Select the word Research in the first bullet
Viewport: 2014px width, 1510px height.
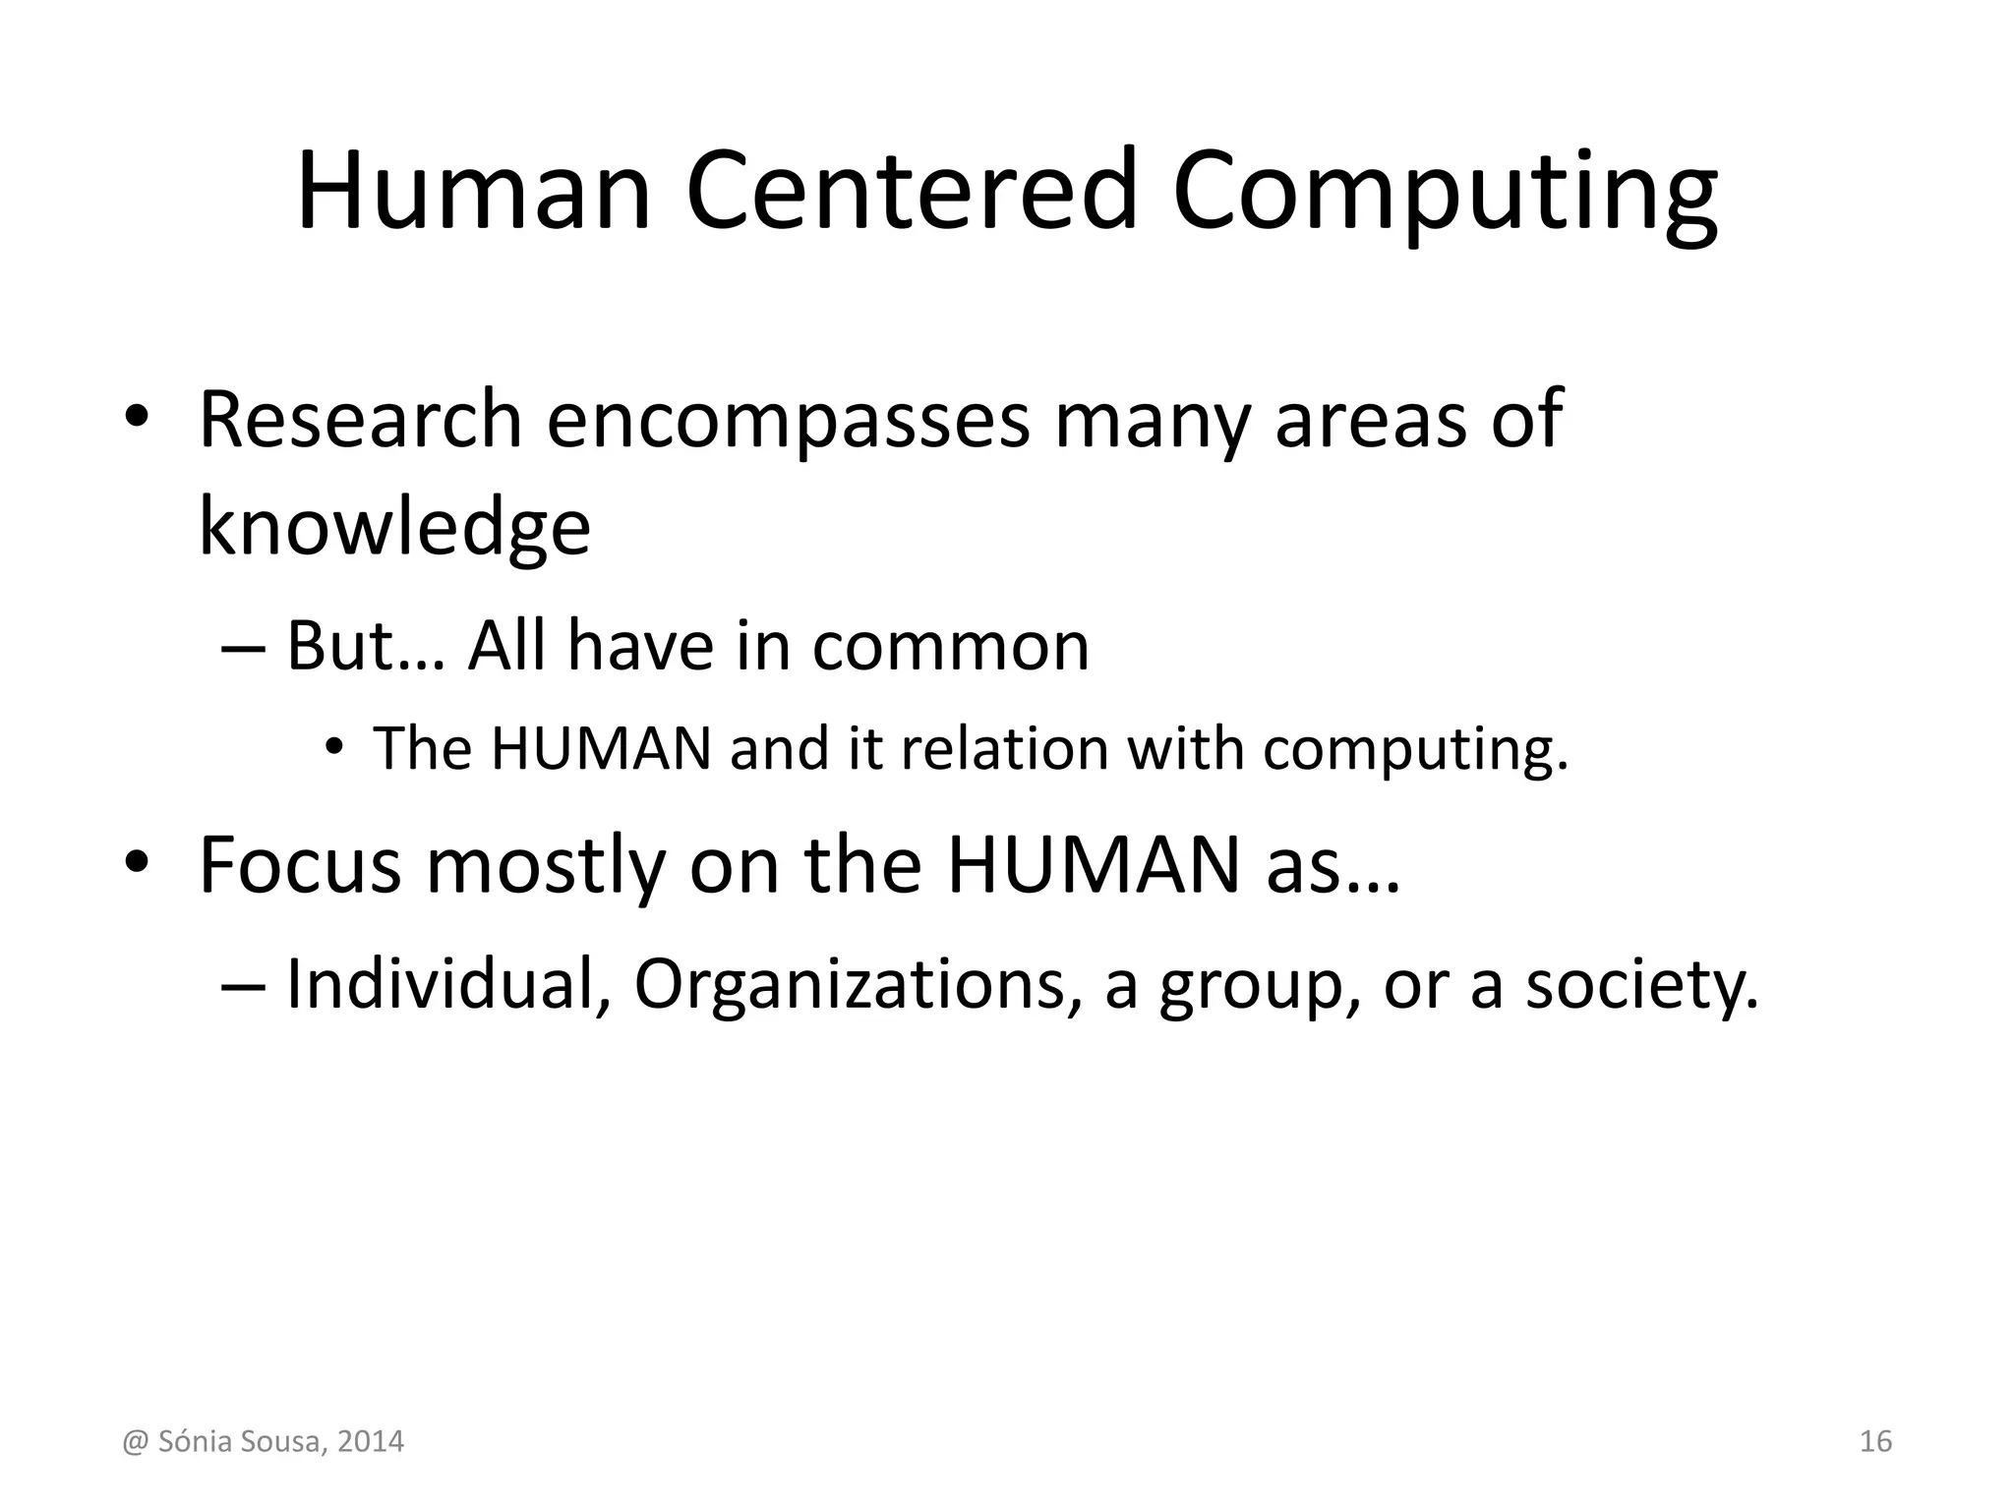(359, 420)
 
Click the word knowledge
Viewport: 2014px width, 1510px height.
(394, 527)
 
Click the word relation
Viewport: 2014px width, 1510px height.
(1004, 748)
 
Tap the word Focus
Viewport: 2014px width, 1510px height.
(300, 864)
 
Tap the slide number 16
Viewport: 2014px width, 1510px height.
(1876, 1442)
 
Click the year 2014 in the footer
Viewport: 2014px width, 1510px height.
(371, 1442)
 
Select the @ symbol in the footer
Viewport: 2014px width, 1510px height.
(134, 1442)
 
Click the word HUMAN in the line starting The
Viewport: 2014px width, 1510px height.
(601, 748)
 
